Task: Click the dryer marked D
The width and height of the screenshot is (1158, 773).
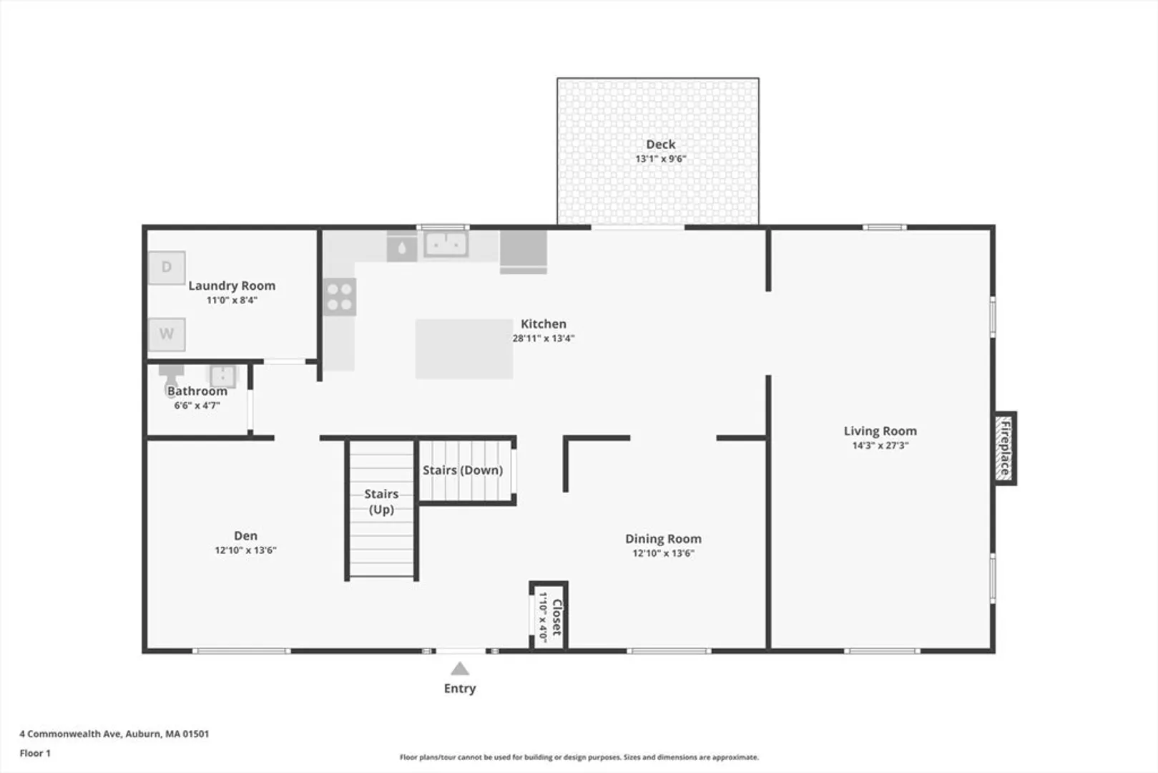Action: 167,268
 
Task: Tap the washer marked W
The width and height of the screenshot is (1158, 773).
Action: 167,334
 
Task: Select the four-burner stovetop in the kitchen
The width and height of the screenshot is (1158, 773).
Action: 340,297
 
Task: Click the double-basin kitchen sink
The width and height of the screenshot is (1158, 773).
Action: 446,244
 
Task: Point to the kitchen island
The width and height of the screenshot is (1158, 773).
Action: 464,349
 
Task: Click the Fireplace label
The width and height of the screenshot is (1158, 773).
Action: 1005,448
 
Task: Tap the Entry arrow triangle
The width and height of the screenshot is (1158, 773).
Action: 460,669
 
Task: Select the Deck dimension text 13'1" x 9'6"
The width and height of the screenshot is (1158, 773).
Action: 660,159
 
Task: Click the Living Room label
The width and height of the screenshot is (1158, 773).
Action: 880,431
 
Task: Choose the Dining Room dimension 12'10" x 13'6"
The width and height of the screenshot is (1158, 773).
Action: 663,553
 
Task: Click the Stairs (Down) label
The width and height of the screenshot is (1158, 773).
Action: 463,470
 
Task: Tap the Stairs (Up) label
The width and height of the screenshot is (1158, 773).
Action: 381,501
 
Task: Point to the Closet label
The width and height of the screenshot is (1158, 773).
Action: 556,617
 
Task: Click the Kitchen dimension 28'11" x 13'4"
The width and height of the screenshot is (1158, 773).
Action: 544,339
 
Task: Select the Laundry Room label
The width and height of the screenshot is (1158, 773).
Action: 232,286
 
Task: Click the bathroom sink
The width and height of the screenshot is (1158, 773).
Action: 222,376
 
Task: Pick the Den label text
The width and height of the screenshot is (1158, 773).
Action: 245,535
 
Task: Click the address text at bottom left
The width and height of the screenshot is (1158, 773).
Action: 114,734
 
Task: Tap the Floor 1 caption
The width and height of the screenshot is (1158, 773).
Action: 35,754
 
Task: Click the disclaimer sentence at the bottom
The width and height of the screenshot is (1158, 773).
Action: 579,757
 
